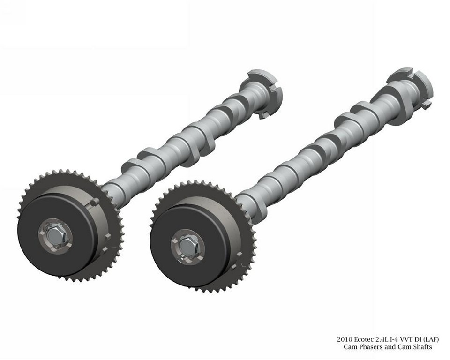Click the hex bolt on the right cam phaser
(187, 246)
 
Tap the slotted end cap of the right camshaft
(413, 86)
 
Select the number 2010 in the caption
(345, 340)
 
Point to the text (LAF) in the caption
(432, 340)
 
